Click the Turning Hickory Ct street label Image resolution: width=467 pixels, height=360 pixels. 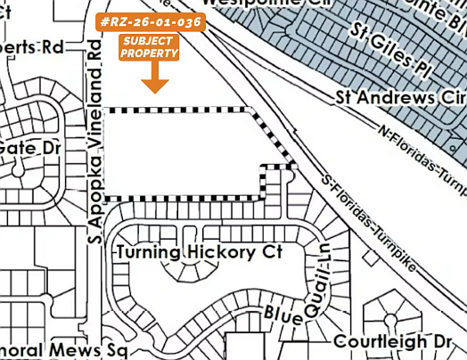tap(198, 253)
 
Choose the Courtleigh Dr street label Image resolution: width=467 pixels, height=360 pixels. tap(394, 342)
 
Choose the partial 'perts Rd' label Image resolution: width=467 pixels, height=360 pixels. tap(38, 47)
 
